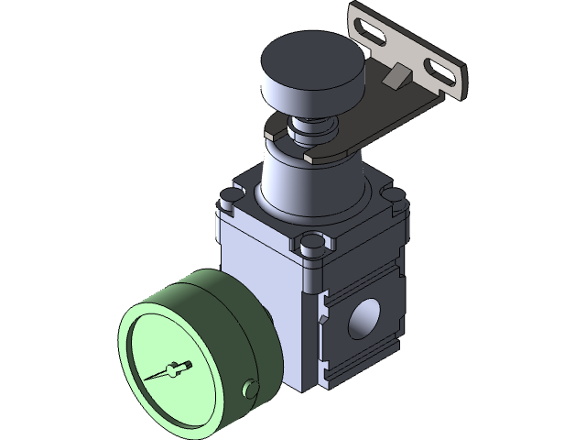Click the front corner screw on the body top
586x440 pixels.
pos(312,242)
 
